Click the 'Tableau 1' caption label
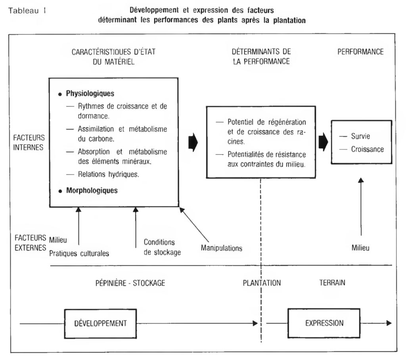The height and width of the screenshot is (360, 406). (27, 11)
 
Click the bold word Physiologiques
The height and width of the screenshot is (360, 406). (90, 93)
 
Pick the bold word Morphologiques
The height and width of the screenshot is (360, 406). (92, 190)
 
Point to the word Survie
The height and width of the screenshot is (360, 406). (360, 136)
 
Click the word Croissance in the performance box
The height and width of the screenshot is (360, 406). (368, 149)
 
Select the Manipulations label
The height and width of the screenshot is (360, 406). (222, 248)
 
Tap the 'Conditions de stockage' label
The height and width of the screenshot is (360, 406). (162, 247)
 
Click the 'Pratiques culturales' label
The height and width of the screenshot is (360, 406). (79, 253)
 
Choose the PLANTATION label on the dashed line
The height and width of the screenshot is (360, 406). (262, 283)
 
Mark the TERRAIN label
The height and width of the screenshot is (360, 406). (332, 283)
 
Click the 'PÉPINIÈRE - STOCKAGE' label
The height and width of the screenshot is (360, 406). (130, 283)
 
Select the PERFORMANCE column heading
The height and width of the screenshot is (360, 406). (360, 52)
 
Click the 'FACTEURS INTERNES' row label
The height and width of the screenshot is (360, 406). (29, 143)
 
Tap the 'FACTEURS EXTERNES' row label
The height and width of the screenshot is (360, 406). (30, 243)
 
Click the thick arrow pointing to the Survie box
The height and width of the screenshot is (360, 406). (323, 142)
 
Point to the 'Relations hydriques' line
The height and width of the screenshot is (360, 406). (109, 174)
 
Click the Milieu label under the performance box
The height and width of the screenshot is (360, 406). (360, 248)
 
